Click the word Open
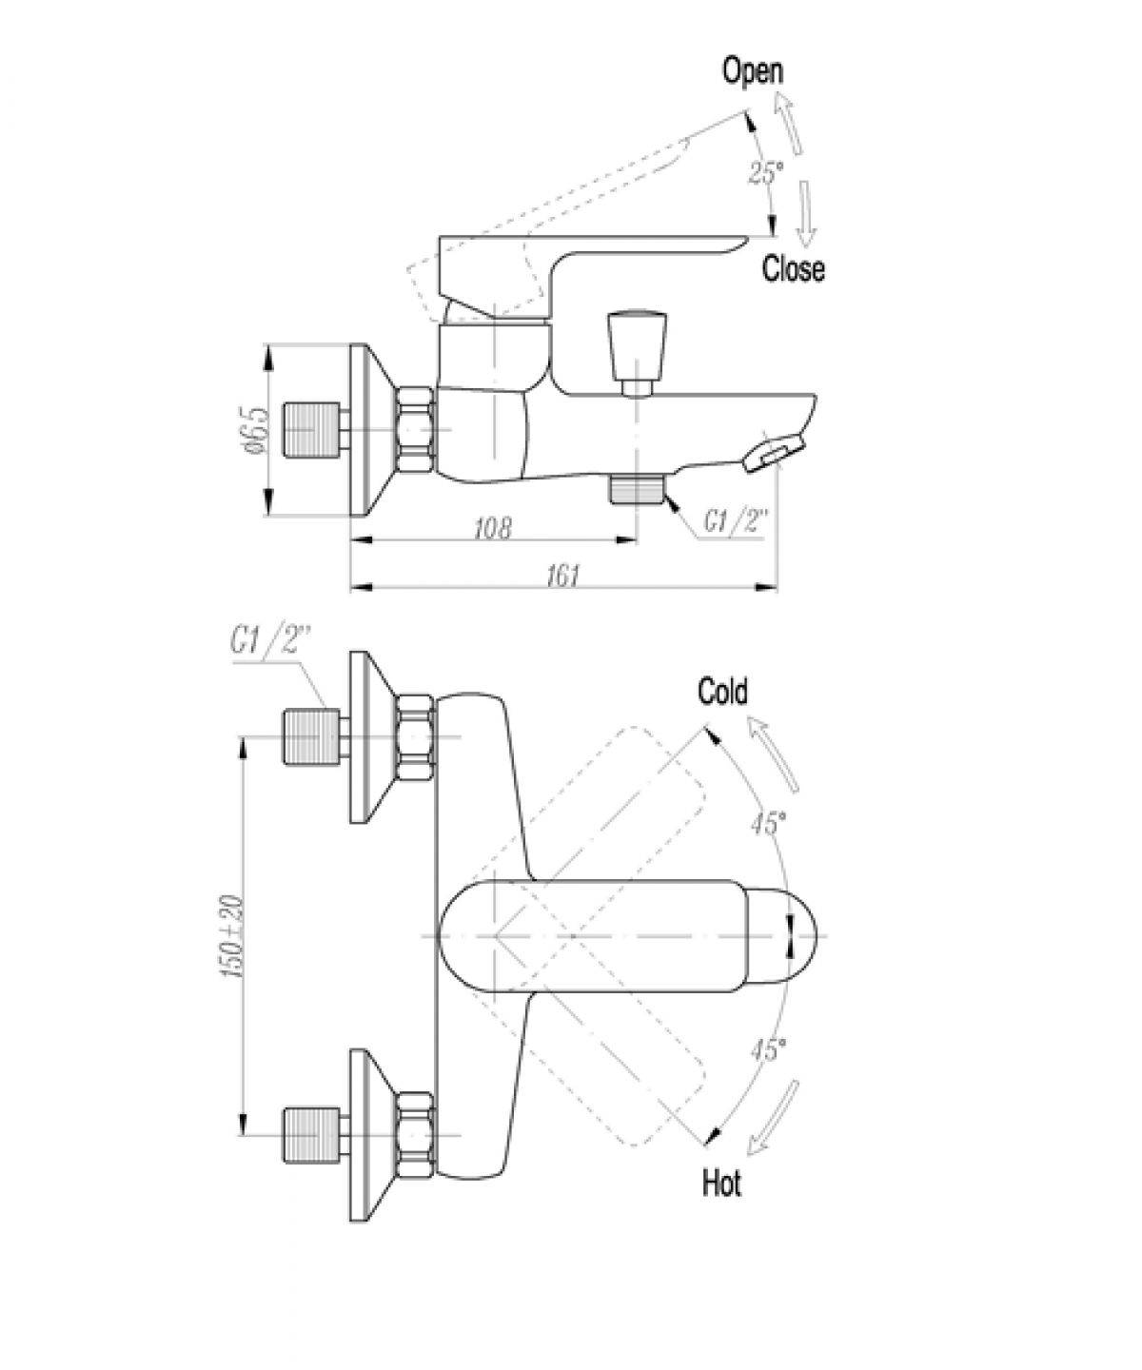click(x=752, y=71)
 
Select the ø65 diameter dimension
click(x=257, y=430)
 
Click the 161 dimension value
click(x=563, y=576)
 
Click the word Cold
click(x=722, y=692)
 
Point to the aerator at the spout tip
click(x=775, y=454)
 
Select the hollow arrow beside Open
click(x=788, y=124)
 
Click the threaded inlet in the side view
click(x=311, y=430)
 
